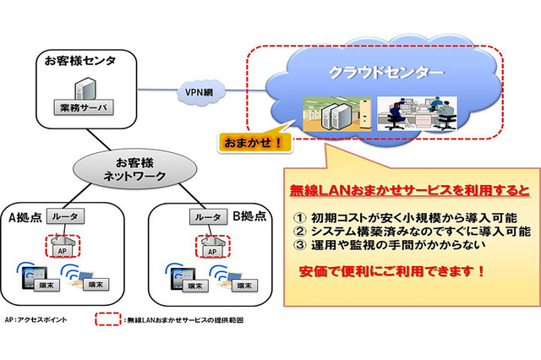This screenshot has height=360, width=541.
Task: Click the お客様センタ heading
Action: [x=80, y=61]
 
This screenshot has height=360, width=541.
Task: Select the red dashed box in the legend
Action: [x=107, y=321]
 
